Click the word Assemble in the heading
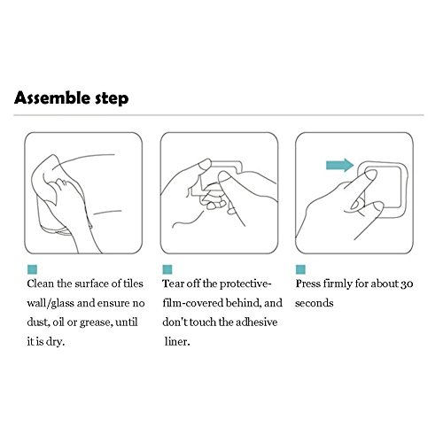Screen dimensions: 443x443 click(52, 97)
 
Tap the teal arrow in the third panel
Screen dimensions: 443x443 click(340, 165)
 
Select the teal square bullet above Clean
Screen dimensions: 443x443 click(32, 269)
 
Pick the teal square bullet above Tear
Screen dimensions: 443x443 click(167, 269)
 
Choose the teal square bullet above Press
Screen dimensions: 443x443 click(300, 269)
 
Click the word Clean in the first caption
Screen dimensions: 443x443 click(41, 284)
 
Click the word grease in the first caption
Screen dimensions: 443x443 click(97, 323)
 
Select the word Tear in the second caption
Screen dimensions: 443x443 click(173, 284)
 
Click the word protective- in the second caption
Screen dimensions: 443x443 click(245, 284)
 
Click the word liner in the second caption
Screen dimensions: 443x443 click(177, 342)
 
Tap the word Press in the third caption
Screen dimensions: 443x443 click(307, 284)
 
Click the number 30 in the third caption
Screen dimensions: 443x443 click(407, 284)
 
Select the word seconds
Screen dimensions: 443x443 click(315, 303)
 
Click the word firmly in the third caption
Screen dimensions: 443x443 click(338, 284)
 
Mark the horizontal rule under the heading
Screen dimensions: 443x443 click(219, 115)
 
